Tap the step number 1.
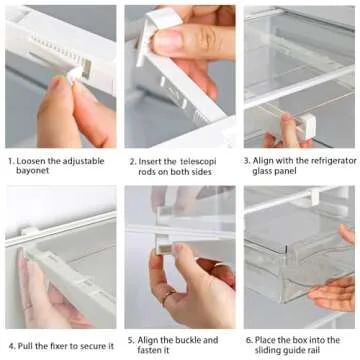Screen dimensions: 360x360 point(8,159)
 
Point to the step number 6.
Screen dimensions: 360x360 point(248,340)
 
